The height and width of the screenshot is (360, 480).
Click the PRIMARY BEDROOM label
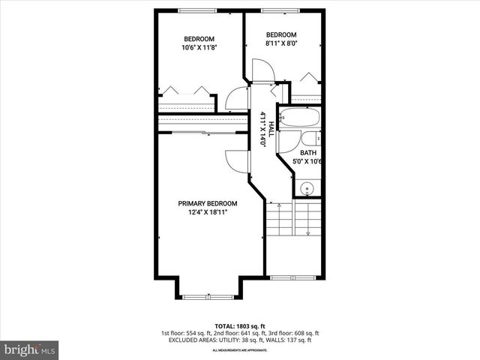207,203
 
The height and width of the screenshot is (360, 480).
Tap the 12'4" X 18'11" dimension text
207,212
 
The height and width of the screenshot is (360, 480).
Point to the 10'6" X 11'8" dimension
199,48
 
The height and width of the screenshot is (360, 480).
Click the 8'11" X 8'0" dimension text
282,43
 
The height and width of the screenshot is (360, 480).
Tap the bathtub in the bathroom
299,118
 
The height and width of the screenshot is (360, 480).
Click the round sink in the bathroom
306,188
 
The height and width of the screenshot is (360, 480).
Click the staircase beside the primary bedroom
293,219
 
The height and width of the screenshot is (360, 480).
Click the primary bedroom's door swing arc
235,160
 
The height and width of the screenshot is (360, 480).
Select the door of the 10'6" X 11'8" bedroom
236,98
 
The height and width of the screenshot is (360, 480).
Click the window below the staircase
286,277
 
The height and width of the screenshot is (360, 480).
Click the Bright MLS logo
30,349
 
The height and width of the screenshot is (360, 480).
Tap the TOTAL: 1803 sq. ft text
239,325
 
